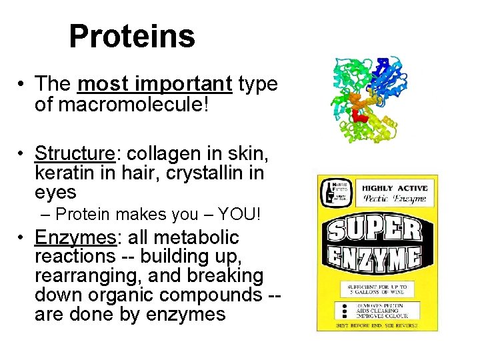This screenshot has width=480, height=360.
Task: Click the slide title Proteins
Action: coord(132,37)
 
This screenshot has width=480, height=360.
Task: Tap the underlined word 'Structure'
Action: coord(75,153)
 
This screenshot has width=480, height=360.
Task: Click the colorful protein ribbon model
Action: coord(364,100)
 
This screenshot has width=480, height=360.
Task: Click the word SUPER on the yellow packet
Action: coord(375,231)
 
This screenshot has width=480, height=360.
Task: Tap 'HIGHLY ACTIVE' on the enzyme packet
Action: coord(395,189)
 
